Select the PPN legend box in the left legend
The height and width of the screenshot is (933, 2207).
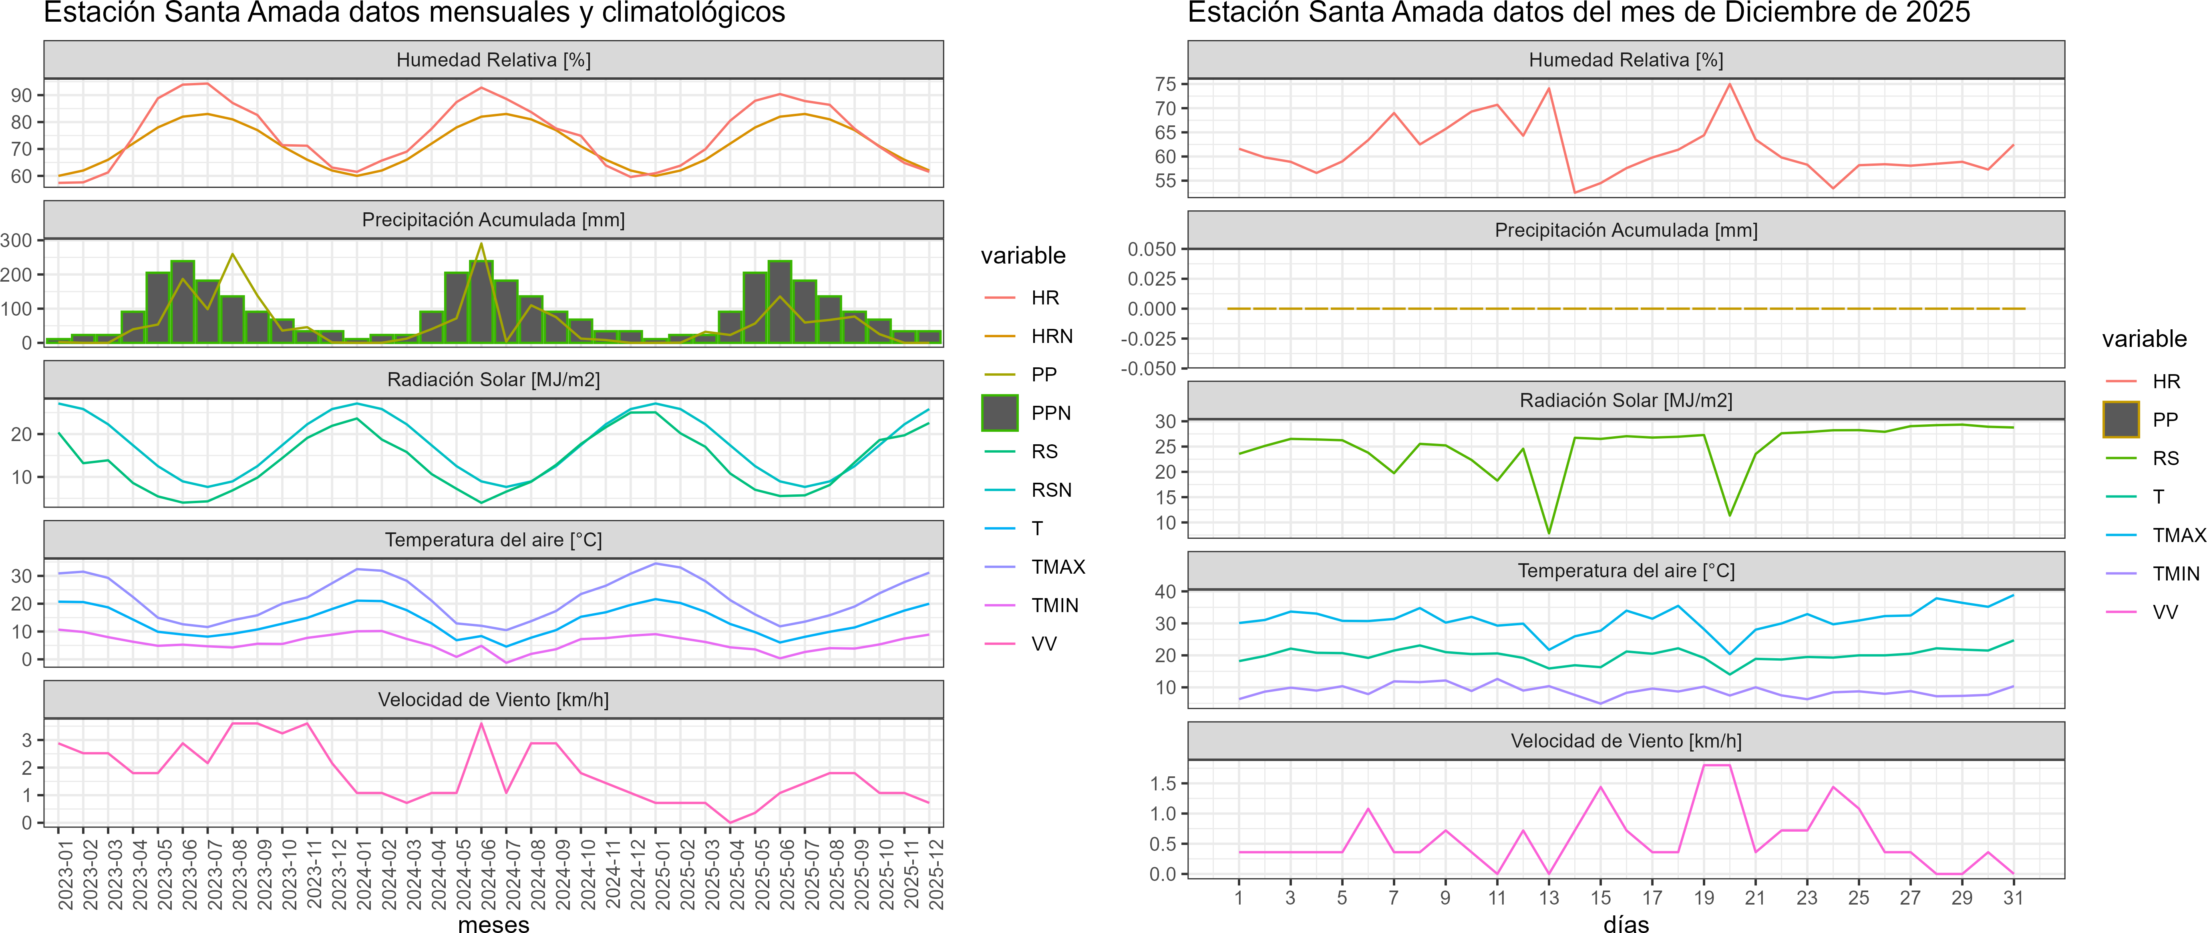1000,413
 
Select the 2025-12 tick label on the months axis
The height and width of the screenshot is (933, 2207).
936,874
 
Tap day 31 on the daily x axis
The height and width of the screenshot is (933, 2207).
2014,898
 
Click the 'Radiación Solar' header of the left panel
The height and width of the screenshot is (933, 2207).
493,379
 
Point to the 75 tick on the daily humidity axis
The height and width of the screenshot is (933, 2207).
1165,84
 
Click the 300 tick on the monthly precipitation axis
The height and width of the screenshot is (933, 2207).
16,241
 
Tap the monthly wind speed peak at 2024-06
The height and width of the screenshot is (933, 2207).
481,724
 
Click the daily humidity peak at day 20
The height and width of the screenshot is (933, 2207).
1730,84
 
